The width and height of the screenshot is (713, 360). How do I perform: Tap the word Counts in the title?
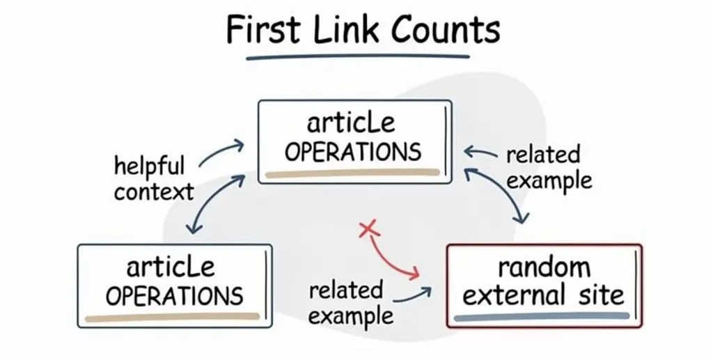445,31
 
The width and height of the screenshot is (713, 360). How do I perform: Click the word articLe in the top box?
351,124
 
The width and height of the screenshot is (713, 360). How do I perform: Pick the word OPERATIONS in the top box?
353,152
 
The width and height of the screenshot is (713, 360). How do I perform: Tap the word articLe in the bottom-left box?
171,267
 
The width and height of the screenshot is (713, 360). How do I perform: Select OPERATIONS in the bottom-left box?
174,295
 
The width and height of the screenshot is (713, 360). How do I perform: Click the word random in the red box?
544,267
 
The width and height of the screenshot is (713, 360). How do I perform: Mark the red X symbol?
368,228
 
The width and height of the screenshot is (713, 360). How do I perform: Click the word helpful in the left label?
149,167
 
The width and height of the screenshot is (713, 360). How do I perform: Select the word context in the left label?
154,191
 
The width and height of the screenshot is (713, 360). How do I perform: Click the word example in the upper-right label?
549,180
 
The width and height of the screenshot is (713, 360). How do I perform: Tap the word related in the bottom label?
346,290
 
